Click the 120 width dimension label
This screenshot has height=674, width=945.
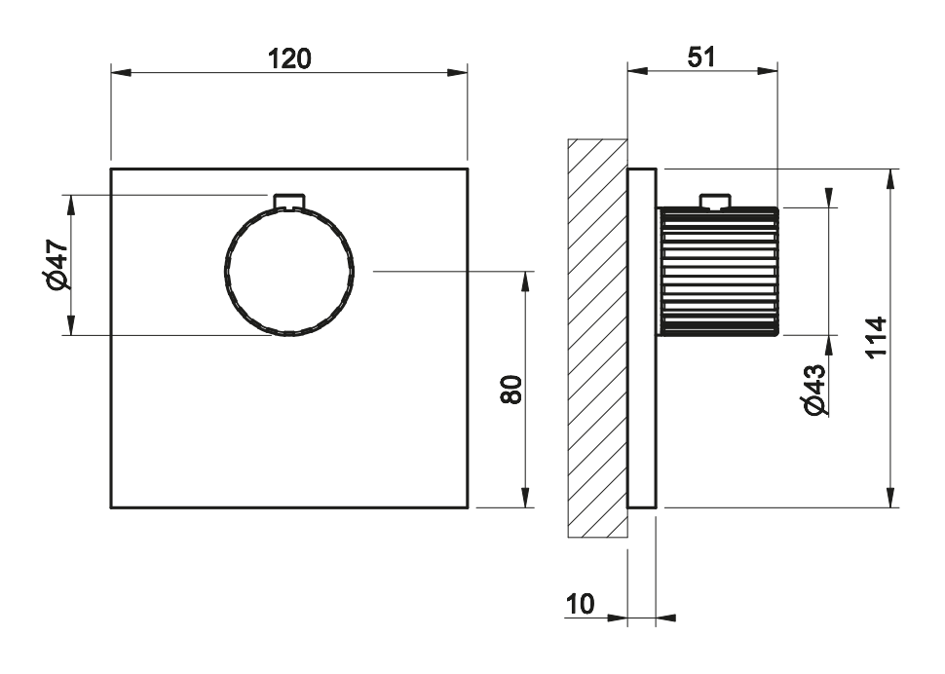(289, 59)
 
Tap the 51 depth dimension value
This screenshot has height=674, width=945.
(701, 57)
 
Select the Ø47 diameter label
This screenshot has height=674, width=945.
(58, 264)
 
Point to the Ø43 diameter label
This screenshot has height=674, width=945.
(814, 390)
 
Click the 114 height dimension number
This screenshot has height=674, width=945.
(877, 336)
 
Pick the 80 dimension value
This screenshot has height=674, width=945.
(511, 390)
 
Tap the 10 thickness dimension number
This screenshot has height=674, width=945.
(580, 604)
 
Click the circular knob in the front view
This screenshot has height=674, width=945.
(289, 271)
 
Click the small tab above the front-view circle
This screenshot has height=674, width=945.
(290, 202)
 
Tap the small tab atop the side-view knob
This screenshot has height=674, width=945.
(715, 202)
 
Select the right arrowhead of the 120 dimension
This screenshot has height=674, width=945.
(457, 73)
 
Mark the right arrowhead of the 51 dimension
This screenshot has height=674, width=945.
(768, 71)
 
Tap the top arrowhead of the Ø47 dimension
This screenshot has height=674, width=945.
(70, 205)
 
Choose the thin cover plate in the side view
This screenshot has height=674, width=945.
(642, 339)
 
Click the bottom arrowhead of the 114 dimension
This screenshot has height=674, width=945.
(890, 498)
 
